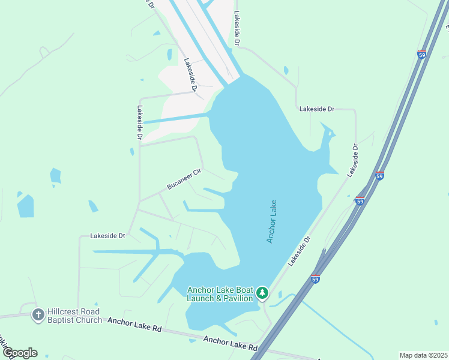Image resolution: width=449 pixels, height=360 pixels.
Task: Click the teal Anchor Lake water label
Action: click(x=271, y=221)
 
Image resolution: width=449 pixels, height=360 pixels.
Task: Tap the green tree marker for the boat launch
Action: click(x=262, y=293)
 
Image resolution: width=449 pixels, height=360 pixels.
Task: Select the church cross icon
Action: click(x=38, y=314)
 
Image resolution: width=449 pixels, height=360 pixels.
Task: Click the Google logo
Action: click(x=19, y=353)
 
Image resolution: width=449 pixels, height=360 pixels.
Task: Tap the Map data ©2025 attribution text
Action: click(x=423, y=355)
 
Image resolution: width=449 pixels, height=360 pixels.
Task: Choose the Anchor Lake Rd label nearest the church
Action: click(x=135, y=325)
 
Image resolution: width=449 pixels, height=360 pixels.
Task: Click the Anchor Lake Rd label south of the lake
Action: click(x=230, y=344)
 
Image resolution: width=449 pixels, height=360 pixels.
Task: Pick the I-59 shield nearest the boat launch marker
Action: click(x=316, y=278)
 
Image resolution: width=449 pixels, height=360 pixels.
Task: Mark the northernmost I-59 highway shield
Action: click(x=422, y=55)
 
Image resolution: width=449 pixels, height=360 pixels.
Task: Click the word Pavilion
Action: click(x=238, y=298)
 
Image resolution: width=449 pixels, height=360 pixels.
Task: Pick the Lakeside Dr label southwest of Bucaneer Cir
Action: click(x=107, y=236)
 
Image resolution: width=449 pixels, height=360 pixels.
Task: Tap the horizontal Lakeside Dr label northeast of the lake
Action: click(x=316, y=109)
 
